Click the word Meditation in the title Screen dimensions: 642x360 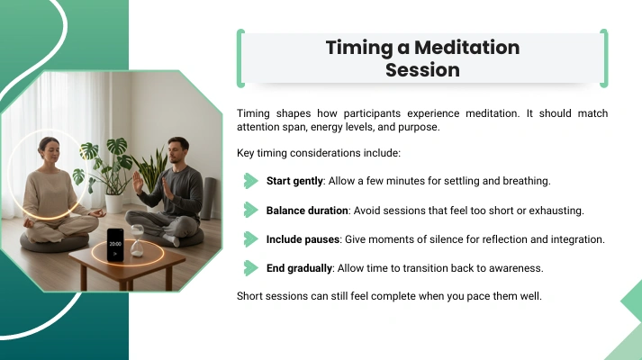coord(467,48)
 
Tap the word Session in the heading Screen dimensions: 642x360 coord(422,70)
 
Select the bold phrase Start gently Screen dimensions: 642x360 coord(294,181)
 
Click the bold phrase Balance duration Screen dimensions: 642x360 coord(307,211)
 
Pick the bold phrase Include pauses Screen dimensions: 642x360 coord(303,239)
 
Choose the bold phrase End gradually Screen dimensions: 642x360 coord(299,268)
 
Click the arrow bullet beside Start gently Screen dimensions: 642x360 coord(250,181)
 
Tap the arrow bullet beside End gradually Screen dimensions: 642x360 coord(250,268)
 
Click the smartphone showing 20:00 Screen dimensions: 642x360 coord(115,245)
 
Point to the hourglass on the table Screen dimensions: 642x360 coord(137,240)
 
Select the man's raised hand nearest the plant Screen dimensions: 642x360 coord(138,183)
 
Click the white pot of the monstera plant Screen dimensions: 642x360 coord(114,203)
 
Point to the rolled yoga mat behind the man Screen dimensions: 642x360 coord(210,198)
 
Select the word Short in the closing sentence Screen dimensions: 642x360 coord(249,296)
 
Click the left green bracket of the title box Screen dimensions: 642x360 coord(240,58)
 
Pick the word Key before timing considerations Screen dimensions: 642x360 coord(245,153)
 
